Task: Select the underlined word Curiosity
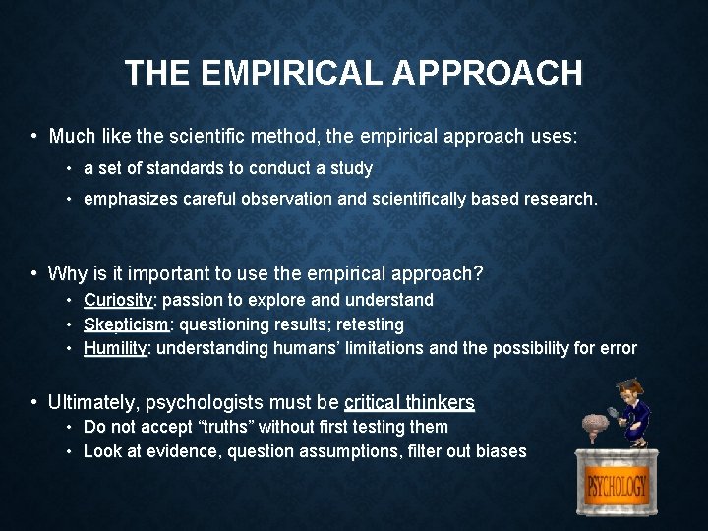(118, 300)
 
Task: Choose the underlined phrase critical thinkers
(410, 402)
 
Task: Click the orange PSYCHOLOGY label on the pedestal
(617, 486)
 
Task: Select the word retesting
(371, 324)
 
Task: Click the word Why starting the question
(67, 273)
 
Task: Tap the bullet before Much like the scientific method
(34, 136)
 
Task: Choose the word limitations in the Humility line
(379, 348)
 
